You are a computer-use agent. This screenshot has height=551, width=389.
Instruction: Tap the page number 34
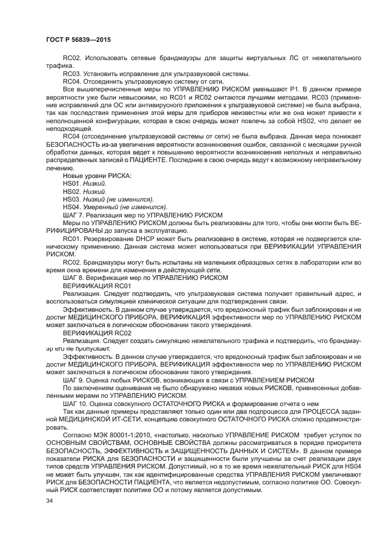click(x=49, y=500)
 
